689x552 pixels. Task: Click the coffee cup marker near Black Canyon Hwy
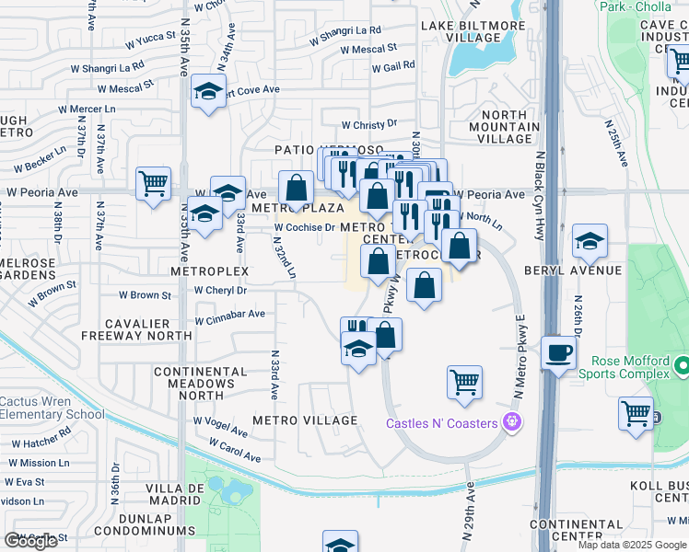(x=558, y=353)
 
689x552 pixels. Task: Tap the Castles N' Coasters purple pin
(x=513, y=423)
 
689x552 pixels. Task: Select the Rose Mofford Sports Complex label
(x=624, y=366)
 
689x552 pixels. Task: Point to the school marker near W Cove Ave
(x=209, y=92)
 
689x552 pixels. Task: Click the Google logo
(x=30, y=540)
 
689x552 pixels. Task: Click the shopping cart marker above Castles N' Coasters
(x=464, y=381)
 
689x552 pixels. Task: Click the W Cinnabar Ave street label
(x=229, y=316)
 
